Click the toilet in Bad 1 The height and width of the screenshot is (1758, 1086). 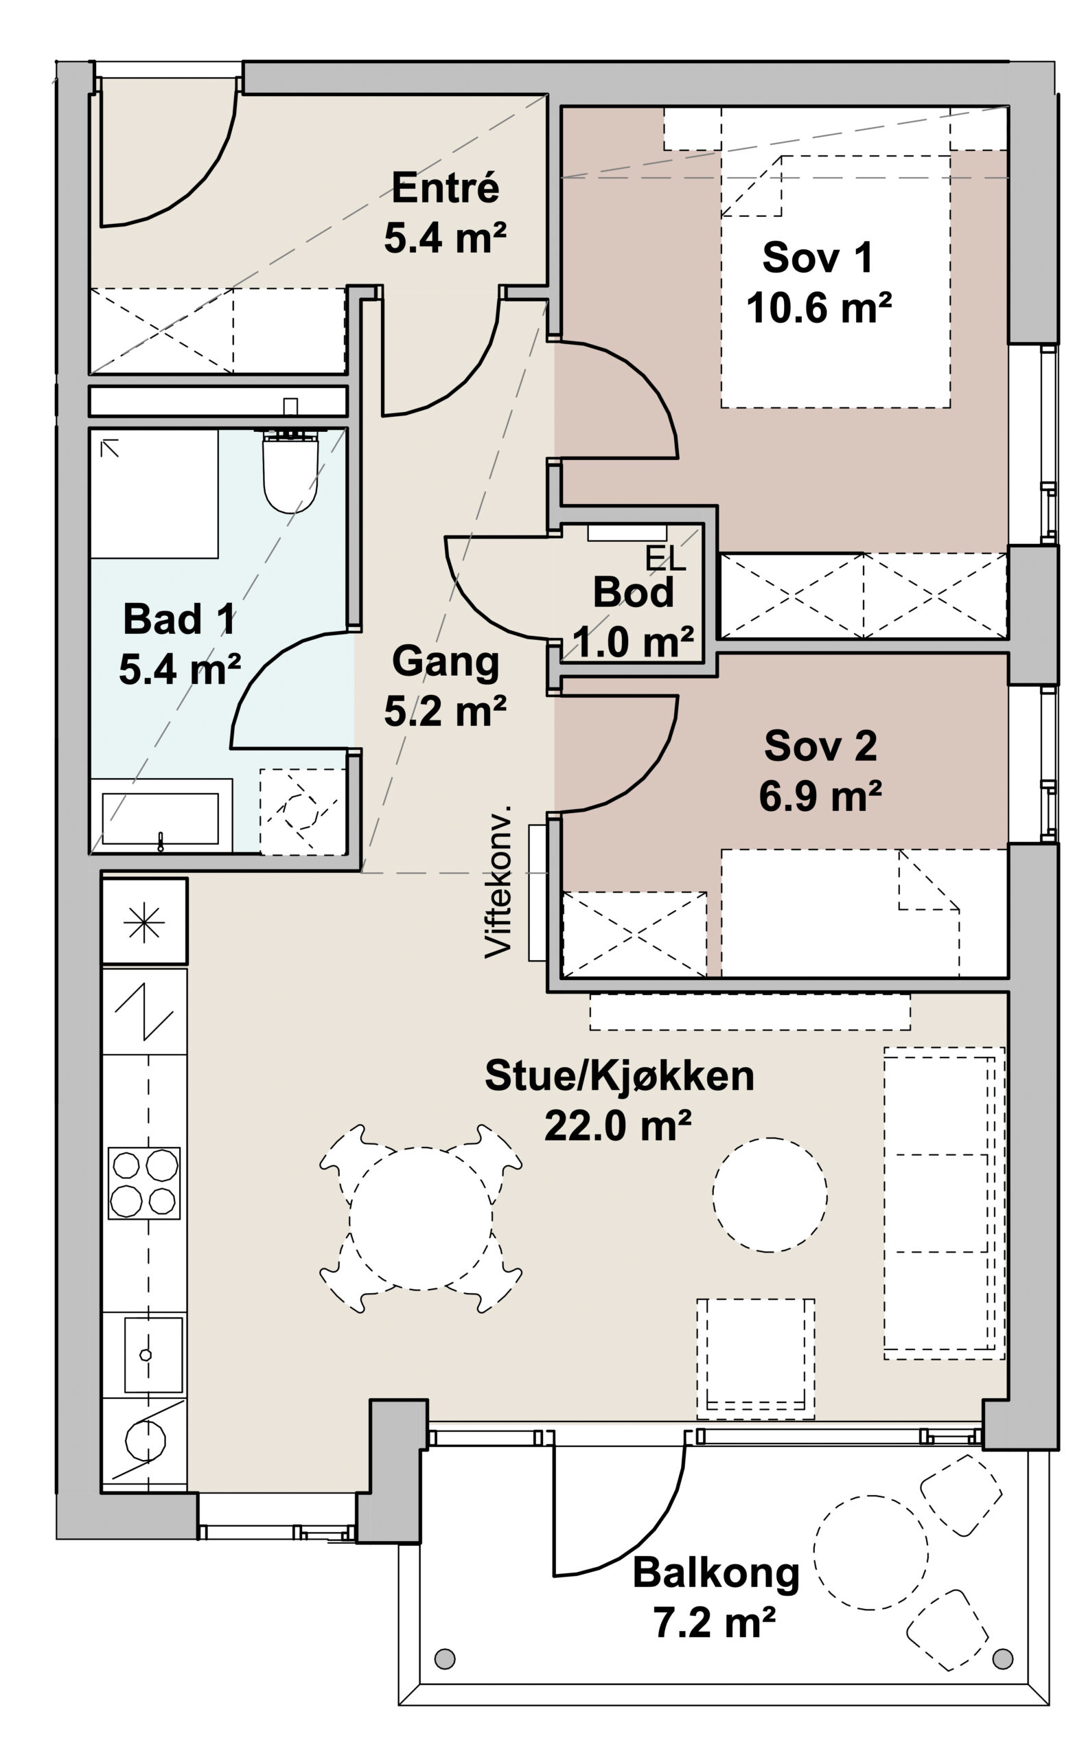coord(290,470)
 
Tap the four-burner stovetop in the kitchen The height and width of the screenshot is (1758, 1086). coord(143,1183)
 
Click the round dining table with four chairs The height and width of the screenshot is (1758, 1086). coord(421,1218)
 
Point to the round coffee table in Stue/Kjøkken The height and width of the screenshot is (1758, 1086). coord(770,1195)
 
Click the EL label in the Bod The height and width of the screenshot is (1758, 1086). coord(665,559)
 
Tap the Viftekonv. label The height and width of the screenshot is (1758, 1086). coord(498,882)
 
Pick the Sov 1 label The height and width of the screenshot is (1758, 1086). coord(818,258)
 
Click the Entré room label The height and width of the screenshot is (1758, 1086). coord(446,187)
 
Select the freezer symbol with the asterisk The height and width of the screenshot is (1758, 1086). coord(144,920)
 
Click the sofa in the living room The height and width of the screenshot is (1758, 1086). coord(944,1202)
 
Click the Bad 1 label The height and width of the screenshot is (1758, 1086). coord(179,619)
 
